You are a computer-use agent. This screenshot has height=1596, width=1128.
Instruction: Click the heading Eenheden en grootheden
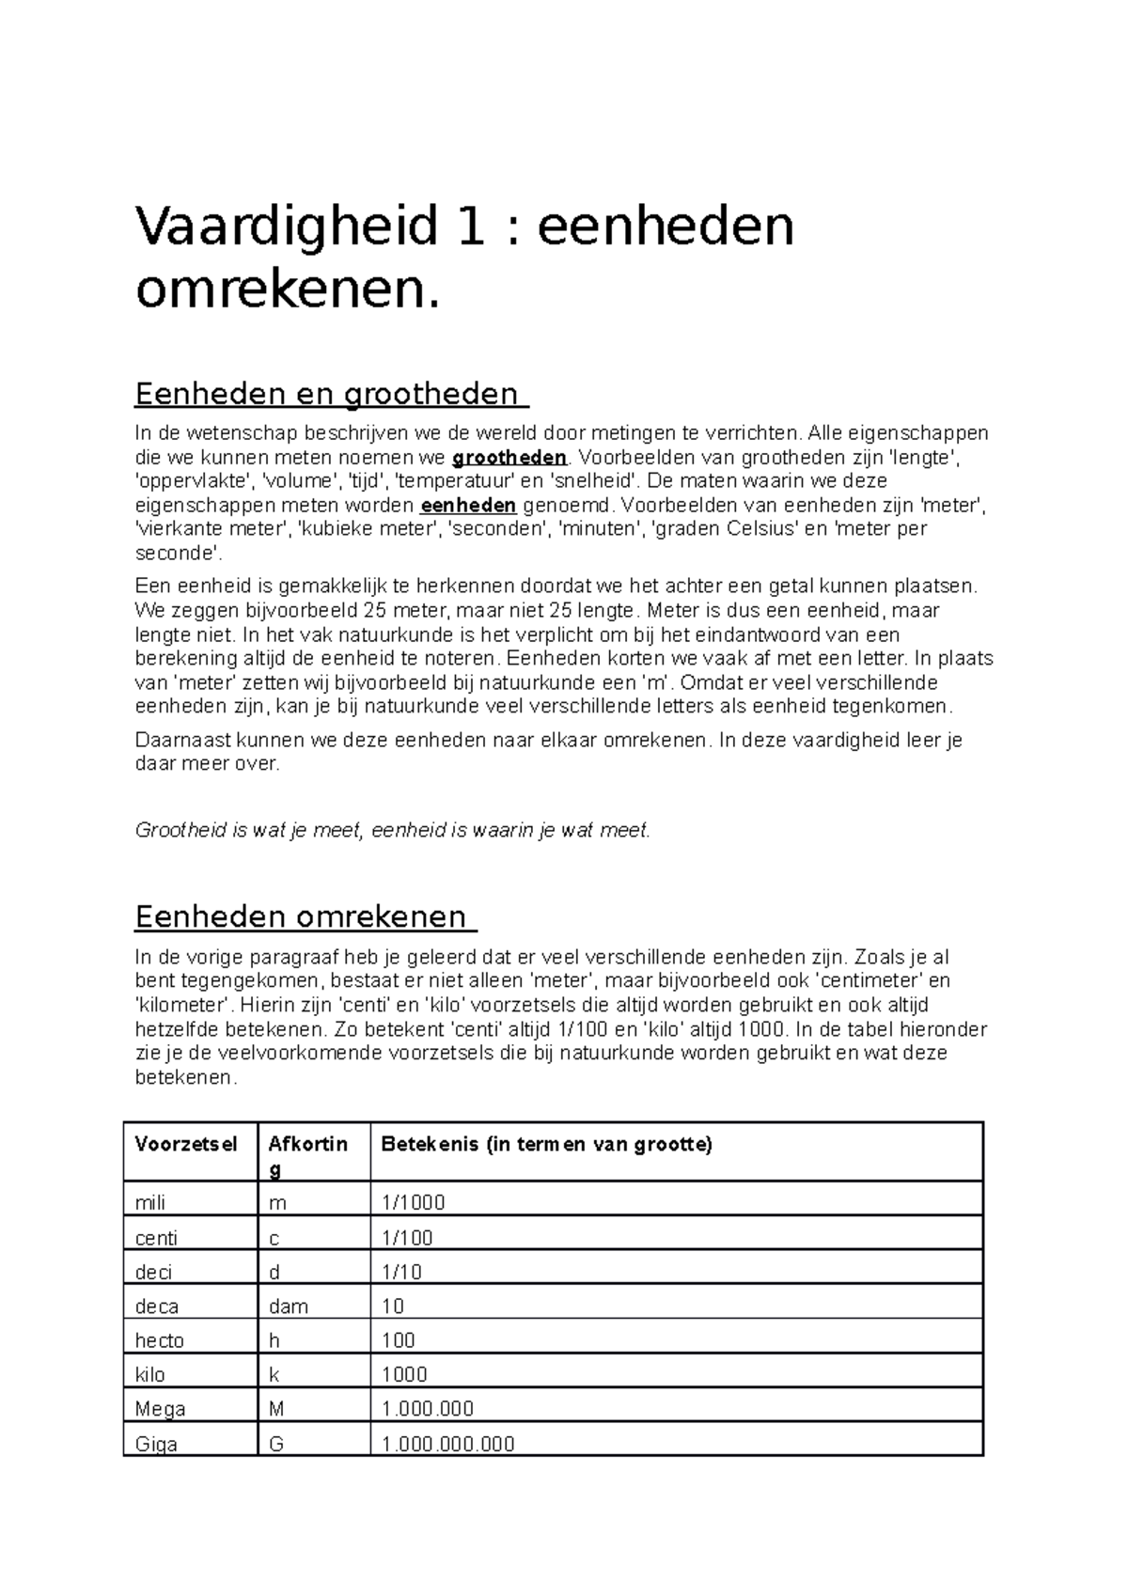(327, 394)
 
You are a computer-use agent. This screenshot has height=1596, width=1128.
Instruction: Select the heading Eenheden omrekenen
(301, 915)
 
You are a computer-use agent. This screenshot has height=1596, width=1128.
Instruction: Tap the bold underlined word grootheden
(509, 458)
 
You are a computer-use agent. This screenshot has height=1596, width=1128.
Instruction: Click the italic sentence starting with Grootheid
(392, 830)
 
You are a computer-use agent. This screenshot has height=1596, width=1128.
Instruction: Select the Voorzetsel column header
(186, 1144)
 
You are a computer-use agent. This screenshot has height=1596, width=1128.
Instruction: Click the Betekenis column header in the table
(546, 1144)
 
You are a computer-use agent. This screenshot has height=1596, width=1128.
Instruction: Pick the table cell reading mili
(150, 1203)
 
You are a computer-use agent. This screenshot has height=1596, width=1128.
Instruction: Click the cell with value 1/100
(407, 1238)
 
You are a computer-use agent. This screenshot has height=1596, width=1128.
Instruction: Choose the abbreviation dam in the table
(289, 1307)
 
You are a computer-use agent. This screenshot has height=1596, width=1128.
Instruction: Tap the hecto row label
(160, 1340)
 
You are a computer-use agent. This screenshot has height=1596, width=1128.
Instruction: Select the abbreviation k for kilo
(274, 1374)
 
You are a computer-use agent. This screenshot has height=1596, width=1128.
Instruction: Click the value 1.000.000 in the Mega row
(428, 1409)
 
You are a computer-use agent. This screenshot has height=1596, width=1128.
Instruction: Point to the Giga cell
(157, 1444)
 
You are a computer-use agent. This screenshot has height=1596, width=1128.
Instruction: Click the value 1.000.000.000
(448, 1444)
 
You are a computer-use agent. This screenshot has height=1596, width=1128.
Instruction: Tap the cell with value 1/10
(401, 1272)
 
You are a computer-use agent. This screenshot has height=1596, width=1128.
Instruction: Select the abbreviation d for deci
(274, 1272)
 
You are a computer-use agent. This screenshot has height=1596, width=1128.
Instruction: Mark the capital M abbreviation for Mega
(276, 1409)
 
